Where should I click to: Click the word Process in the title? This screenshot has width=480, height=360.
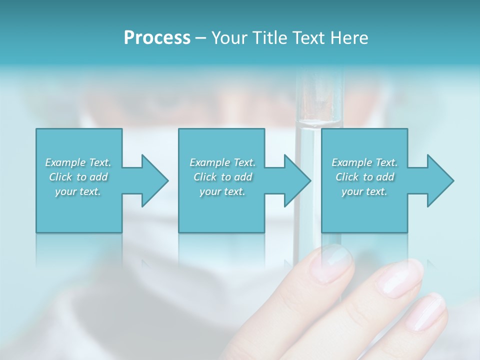[157, 38]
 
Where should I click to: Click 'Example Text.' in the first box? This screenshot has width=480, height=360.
[78, 162]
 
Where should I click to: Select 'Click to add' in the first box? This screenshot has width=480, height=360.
[78, 177]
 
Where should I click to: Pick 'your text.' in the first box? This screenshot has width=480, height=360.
[78, 191]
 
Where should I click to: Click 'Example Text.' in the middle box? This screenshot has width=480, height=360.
[222, 162]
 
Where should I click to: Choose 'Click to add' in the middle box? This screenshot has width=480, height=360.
[222, 177]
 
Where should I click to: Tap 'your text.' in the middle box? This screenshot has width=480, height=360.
[222, 191]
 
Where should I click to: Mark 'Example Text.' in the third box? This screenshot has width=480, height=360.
[364, 162]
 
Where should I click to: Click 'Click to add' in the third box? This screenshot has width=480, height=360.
[364, 177]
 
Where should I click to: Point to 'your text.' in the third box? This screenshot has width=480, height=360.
[364, 191]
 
